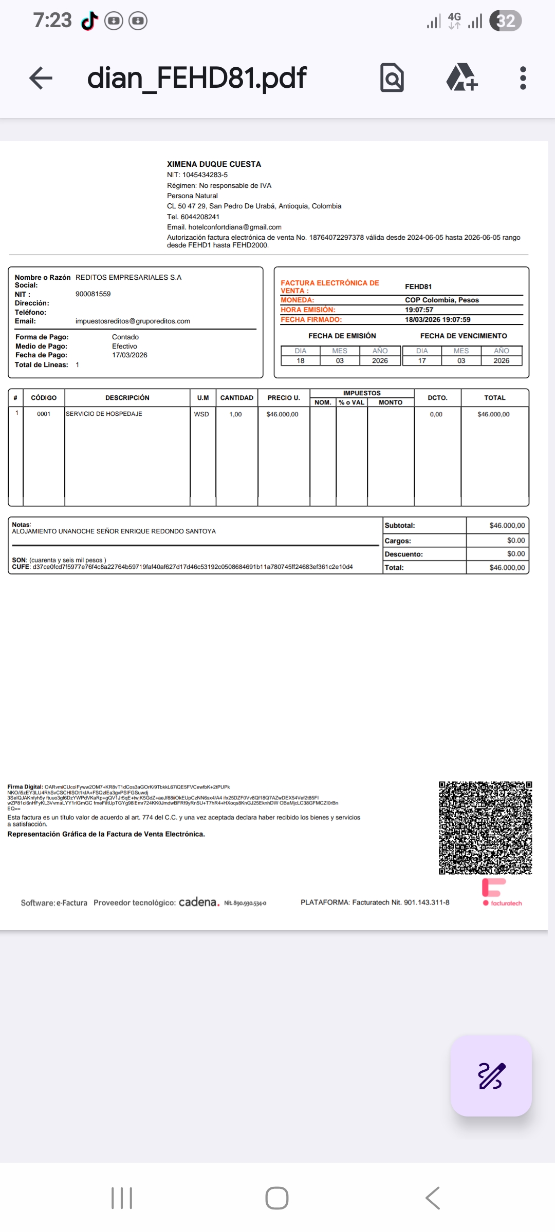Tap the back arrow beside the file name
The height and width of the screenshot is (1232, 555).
tap(41, 78)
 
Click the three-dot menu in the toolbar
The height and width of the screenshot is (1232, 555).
tap(523, 78)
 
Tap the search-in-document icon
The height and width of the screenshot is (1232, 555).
tap(392, 78)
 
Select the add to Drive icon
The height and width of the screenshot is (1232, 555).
tap(461, 78)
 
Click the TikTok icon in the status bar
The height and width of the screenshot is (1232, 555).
tap(90, 21)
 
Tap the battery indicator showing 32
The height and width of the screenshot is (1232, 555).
tap(505, 21)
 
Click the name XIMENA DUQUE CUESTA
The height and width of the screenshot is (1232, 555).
tap(214, 164)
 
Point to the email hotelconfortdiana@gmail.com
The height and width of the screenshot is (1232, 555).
tap(234, 227)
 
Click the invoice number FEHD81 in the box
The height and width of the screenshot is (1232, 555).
tap(418, 286)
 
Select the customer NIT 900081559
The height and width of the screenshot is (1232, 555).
tap(93, 294)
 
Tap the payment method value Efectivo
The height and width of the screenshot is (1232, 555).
tap(124, 346)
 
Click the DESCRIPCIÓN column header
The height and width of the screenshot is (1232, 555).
tap(127, 398)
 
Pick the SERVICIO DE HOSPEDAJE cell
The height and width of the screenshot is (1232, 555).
tap(104, 414)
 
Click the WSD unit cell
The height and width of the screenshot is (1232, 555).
tap(201, 414)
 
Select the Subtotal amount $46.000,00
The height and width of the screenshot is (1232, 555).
tap(507, 526)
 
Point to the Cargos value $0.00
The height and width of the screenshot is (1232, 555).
tap(515, 541)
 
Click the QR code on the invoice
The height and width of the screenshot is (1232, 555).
tap(485, 827)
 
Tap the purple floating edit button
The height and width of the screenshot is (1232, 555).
tap(491, 1075)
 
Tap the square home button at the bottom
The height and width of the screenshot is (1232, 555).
tap(277, 1198)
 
